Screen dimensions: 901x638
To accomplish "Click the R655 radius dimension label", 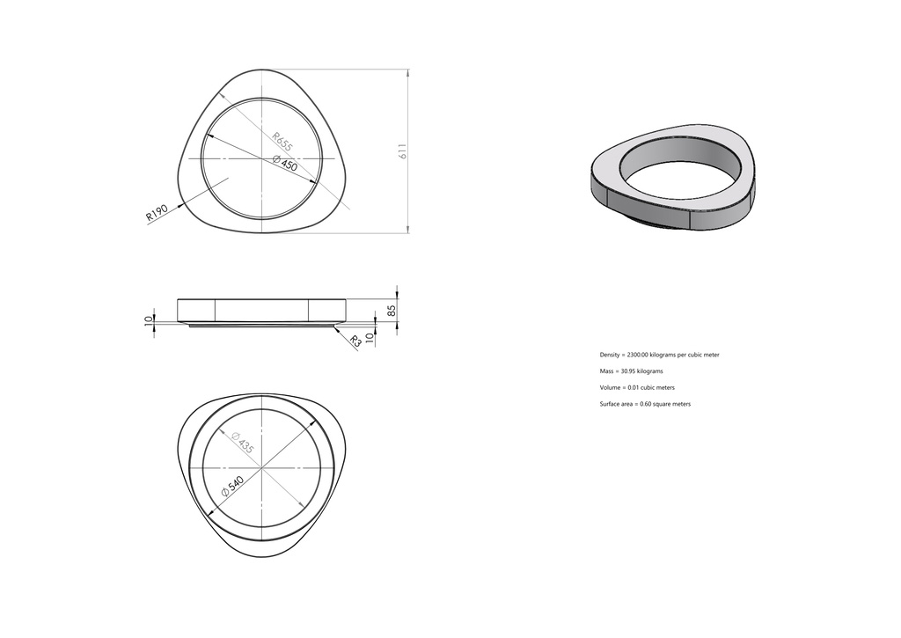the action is click(282, 143).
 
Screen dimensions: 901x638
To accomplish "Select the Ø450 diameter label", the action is click(285, 163).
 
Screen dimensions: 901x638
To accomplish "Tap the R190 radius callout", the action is click(157, 212).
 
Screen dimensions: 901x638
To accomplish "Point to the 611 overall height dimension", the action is click(403, 151).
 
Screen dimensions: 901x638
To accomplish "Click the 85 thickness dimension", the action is click(392, 311).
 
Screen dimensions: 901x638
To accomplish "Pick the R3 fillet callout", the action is click(356, 341).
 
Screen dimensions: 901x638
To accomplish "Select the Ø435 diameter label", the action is click(242, 444).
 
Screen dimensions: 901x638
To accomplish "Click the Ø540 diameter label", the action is click(233, 487).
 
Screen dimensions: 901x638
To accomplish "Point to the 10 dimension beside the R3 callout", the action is click(370, 337).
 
